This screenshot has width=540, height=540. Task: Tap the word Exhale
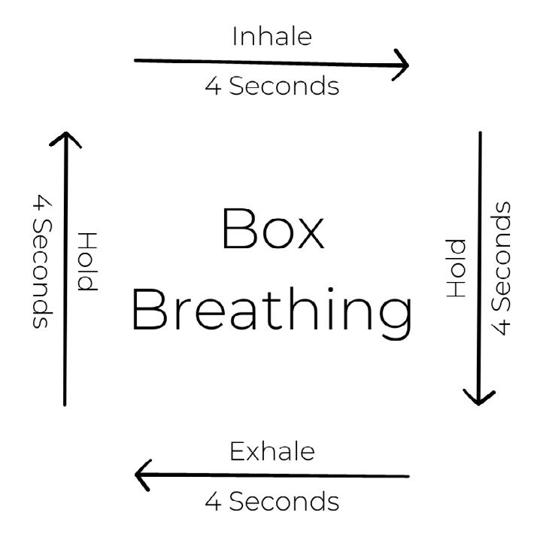[x=272, y=452]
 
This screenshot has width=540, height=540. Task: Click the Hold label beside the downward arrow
[x=457, y=268]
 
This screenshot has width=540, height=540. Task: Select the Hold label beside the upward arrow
[x=87, y=262]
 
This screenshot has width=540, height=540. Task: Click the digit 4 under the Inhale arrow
[x=213, y=86]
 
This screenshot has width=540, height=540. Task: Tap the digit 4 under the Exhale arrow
[x=213, y=501]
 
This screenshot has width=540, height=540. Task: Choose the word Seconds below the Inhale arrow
[x=284, y=86]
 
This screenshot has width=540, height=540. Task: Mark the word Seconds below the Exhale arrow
[x=284, y=501]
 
